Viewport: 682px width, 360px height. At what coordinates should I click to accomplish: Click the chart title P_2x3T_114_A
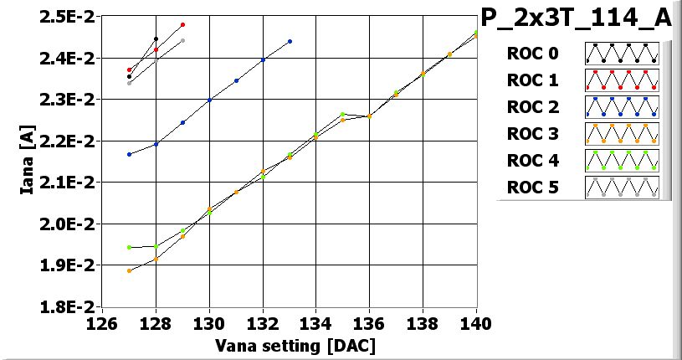[x=576, y=17]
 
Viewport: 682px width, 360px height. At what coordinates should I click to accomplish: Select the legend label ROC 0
[x=532, y=54]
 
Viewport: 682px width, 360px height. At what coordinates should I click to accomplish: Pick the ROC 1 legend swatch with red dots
[x=621, y=80]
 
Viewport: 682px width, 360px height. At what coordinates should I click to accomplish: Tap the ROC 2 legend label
[x=532, y=107]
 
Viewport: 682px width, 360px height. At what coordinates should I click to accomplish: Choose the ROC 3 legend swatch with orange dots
[x=621, y=133]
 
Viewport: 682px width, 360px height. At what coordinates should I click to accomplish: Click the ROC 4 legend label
[x=532, y=160]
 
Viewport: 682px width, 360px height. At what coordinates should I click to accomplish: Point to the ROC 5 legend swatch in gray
[x=621, y=187]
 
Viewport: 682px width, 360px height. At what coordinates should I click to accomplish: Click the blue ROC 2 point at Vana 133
[x=290, y=41]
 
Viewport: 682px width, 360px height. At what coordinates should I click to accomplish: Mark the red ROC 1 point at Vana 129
[x=182, y=24]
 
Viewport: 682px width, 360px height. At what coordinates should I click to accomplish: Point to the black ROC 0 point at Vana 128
[x=156, y=39]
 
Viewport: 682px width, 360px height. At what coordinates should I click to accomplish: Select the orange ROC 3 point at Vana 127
[x=129, y=270]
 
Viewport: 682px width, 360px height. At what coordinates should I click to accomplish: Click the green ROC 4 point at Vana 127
[x=129, y=247]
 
